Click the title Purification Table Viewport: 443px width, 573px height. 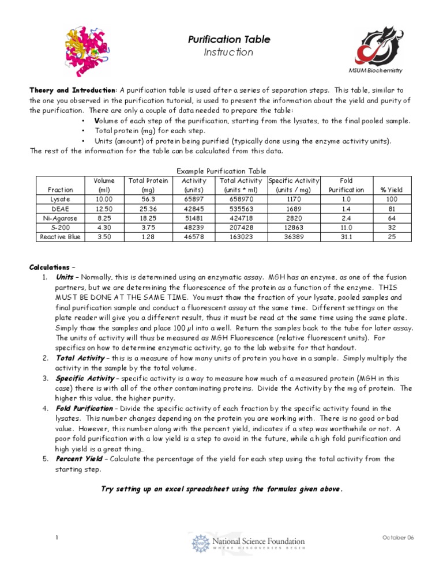221,40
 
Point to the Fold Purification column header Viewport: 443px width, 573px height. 347,184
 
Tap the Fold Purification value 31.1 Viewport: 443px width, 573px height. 347,236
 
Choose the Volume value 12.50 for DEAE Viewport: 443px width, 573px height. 104,208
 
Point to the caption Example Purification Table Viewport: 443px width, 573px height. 221,171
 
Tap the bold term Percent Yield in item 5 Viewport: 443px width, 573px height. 80,459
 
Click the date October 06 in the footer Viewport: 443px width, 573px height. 397,537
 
